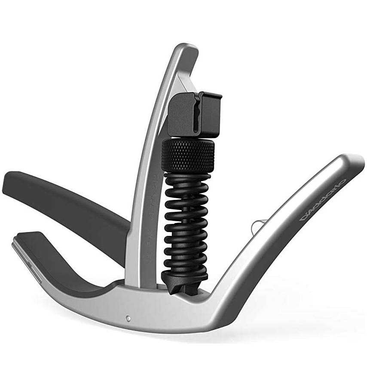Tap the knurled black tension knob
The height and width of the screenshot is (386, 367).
(188, 154)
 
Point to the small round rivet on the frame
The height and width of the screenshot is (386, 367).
(128, 319)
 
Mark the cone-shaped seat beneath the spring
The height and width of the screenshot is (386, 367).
(183, 285)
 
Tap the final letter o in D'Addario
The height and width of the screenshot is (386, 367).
(343, 182)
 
